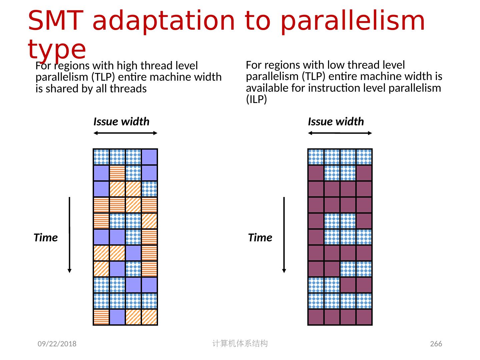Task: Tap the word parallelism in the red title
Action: pyautogui.click(x=353, y=21)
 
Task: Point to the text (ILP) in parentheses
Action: pyautogui.click(x=256, y=100)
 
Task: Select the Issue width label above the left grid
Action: pyautogui.click(x=121, y=122)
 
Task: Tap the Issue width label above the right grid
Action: pyautogui.click(x=336, y=122)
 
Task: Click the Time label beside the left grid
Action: pyautogui.click(x=46, y=238)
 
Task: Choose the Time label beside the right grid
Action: pyautogui.click(x=260, y=238)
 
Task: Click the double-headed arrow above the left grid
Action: pyautogui.click(x=125, y=133)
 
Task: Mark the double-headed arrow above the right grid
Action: pyautogui.click(x=340, y=133)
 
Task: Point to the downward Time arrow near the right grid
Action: pyautogui.click(x=284, y=235)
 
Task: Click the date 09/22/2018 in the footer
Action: pyautogui.click(x=57, y=344)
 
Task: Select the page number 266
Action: pyautogui.click(x=436, y=344)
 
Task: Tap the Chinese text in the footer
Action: pyautogui.click(x=240, y=343)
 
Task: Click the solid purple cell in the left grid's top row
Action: pyautogui.click(x=149, y=157)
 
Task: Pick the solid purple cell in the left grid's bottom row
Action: pyautogui.click(x=117, y=317)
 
